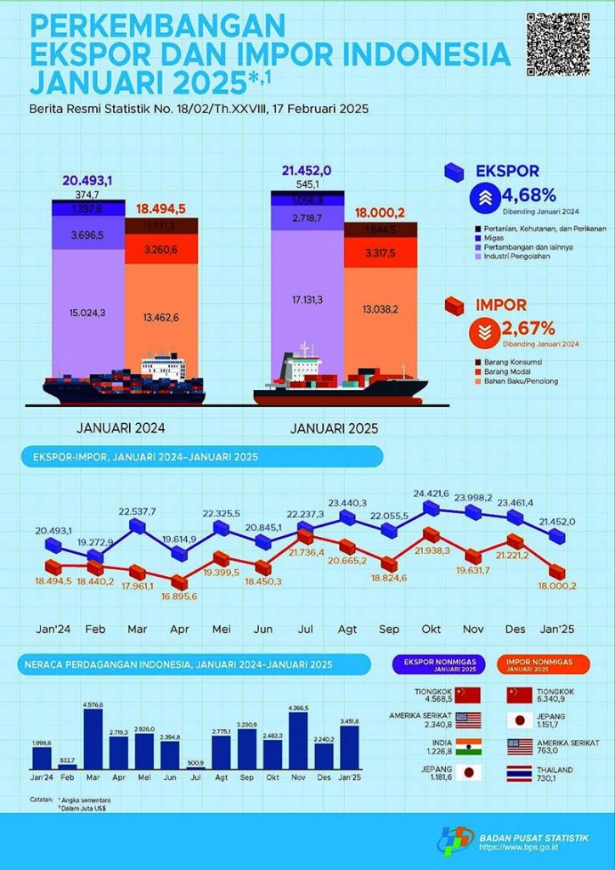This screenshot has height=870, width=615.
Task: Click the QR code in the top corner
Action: [x=557, y=44]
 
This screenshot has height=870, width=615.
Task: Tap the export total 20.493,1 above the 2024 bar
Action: [x=88, y=182]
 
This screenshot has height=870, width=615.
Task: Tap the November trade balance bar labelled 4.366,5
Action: [x=298, y=739]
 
